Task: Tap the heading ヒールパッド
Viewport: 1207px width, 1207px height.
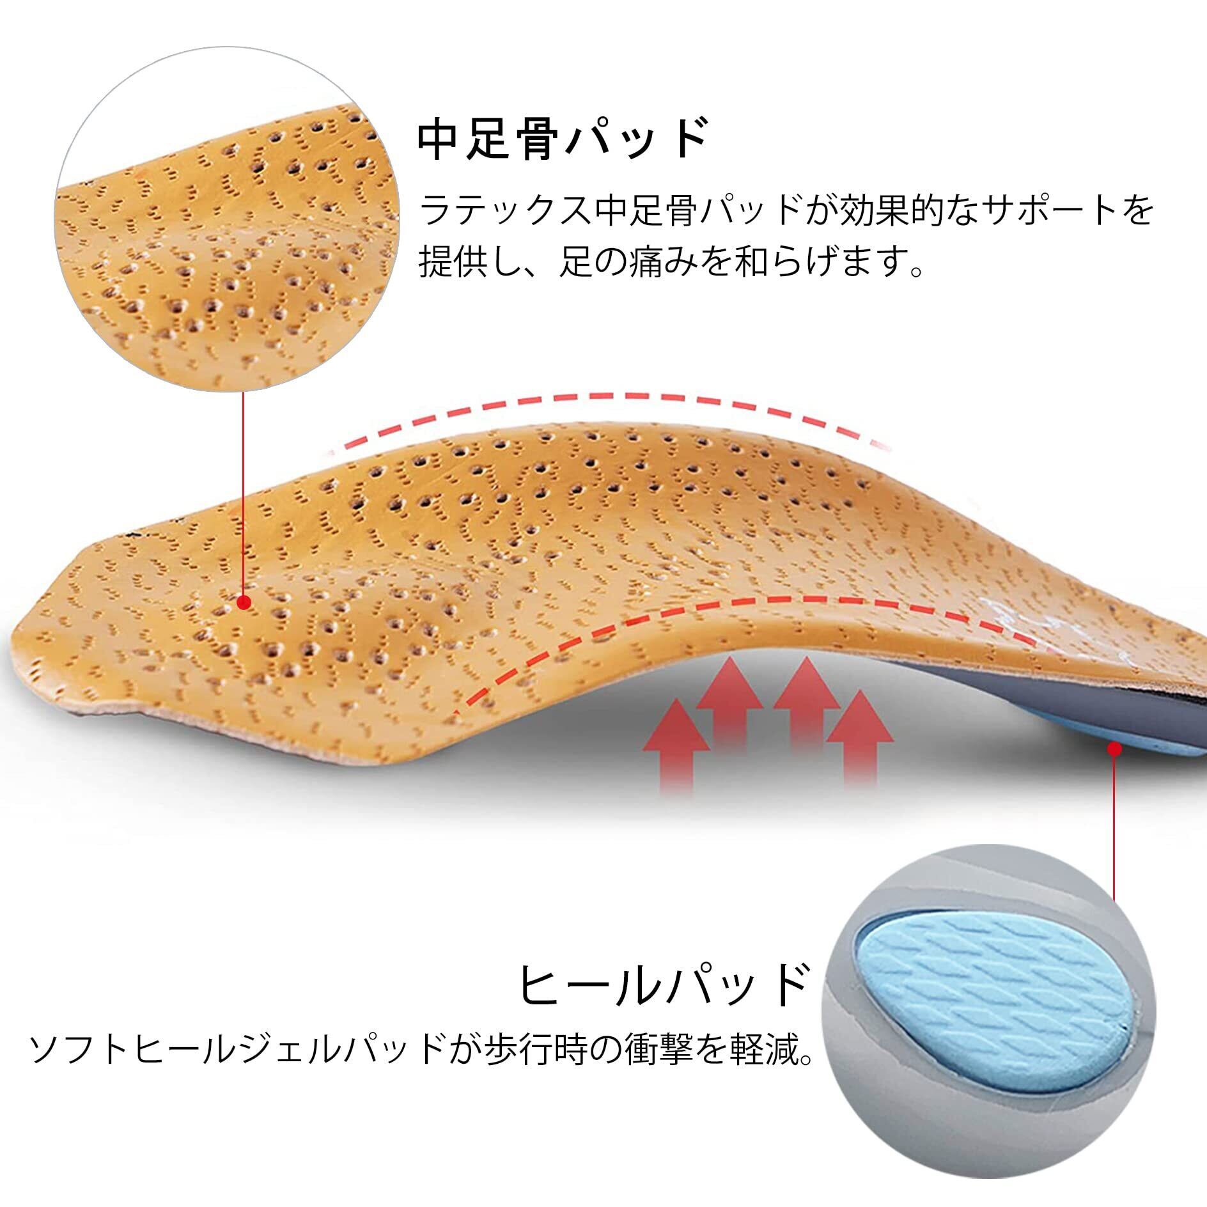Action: [662, 985]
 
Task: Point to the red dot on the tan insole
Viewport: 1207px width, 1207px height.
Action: [244, 602]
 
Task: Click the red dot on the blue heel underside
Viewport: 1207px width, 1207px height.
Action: [1114, 749]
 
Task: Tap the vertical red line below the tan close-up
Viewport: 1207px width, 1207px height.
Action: [244, 492]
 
